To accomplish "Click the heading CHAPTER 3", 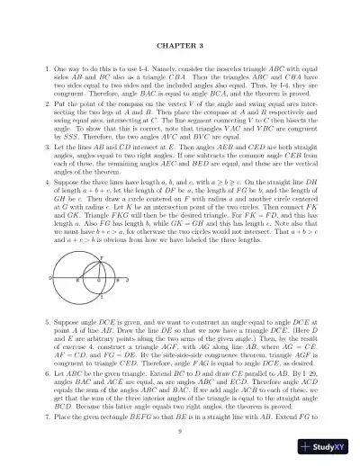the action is coord(181,44).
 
